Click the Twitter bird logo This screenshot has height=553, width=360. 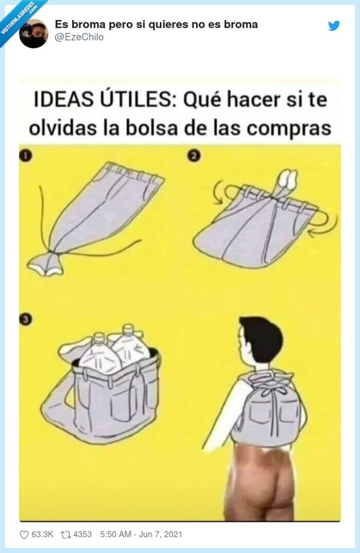click(x=334, y=26)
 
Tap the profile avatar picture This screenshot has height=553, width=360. click(x=33, y=33)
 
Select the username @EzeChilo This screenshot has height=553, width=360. click(x=79, y=37)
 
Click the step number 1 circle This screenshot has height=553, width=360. click(x=25, y=156)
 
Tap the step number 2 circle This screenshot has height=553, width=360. click(x=194, y=156)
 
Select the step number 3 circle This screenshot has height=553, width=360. click(x=25, y=319)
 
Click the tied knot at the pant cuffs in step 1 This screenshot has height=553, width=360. click(x=46, y=264)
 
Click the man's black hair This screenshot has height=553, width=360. click(x=263, y=337)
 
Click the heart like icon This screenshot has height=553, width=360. click(x=24, y=534)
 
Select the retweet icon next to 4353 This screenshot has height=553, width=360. click(x=65, y=534)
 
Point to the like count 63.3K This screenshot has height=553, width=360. click(x=42, y=534)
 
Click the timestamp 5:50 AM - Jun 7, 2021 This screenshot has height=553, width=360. click(x=141, y=534)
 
